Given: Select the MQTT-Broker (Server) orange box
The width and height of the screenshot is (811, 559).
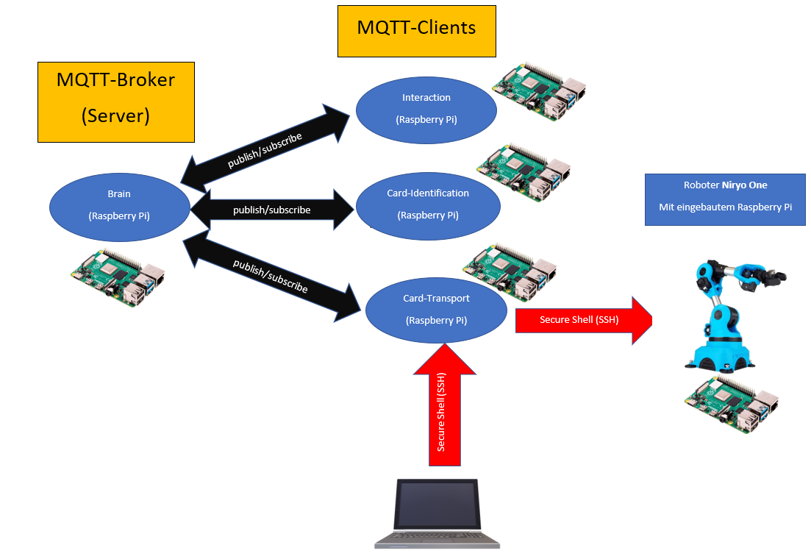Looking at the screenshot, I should click(116, 102).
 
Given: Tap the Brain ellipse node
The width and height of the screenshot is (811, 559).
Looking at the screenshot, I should click(119, 204).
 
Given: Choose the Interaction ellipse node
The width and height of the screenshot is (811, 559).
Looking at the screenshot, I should click(426, 109).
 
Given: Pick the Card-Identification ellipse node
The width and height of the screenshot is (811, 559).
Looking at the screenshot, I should click(428, 204).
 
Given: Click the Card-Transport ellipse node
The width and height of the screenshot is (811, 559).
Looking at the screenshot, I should click(436, 310).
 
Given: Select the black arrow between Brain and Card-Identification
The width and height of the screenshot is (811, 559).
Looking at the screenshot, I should click(272, 210).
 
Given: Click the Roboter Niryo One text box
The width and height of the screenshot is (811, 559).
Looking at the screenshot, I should click(725, 199).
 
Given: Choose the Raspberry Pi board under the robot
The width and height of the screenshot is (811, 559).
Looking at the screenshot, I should click(732, 405).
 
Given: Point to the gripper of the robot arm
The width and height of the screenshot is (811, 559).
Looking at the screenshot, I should click(771, 278).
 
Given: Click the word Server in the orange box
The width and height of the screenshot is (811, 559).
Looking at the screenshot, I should click(116, 115).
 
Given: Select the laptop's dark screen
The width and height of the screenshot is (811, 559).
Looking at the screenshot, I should click(437, 505).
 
